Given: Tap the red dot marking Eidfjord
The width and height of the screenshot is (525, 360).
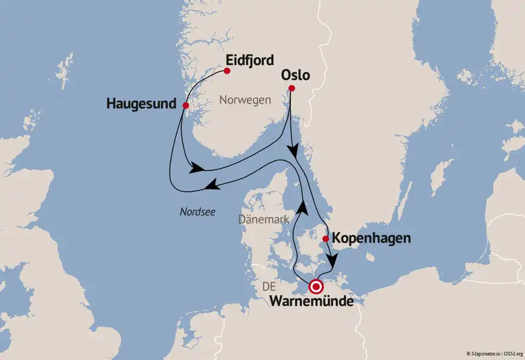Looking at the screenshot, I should pyautogui.click(x=227, y=71).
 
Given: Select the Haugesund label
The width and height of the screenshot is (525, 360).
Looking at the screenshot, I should pyautogui.click(x=141, y=104).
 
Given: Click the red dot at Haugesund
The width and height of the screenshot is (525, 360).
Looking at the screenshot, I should pyautogui.click(x=185, y=106).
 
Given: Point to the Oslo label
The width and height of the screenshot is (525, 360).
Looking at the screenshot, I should pyautogui.click(x=295, y=76).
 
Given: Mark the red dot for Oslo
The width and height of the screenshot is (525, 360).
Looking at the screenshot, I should pyautogui.click(x=290, y=89).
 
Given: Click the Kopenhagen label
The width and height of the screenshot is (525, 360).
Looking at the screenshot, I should pyautogui.click(x=371, y=239).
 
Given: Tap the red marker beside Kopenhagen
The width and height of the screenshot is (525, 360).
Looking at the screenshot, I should pyautogui.click(x=325, y=239).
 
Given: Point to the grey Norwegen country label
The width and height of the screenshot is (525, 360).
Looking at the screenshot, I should pyautogui.click(x=245, y=100).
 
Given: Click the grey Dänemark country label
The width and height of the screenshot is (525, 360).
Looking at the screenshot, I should pyautogui.click(x=264, y=219).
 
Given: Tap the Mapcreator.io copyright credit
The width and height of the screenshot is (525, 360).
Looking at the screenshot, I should pyautogui.click(x=486, y=354).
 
